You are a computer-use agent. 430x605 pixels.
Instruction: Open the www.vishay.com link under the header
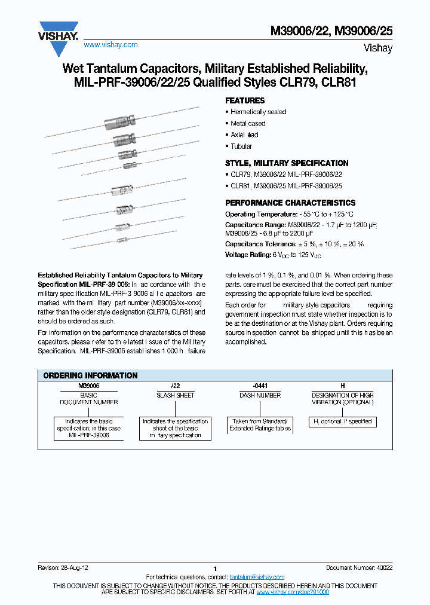tap(110, 45)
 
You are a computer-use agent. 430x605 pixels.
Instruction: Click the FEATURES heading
tap(244, 100)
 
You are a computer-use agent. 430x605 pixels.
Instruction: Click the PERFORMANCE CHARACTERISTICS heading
tap(290, 203)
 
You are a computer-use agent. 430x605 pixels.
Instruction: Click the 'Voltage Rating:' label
tap(248, 255)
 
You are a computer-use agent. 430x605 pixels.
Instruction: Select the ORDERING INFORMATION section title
tap(90, 375)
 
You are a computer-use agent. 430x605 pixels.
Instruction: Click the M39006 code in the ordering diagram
tap(88, 386)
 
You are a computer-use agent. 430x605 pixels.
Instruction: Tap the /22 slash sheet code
tap(175, 386)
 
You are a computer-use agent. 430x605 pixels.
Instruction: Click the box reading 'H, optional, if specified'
tap(342, 421)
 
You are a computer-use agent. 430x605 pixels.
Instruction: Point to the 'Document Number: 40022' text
tap(358, 567)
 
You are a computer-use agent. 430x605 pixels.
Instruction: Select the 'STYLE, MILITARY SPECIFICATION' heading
tap(286, 163)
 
